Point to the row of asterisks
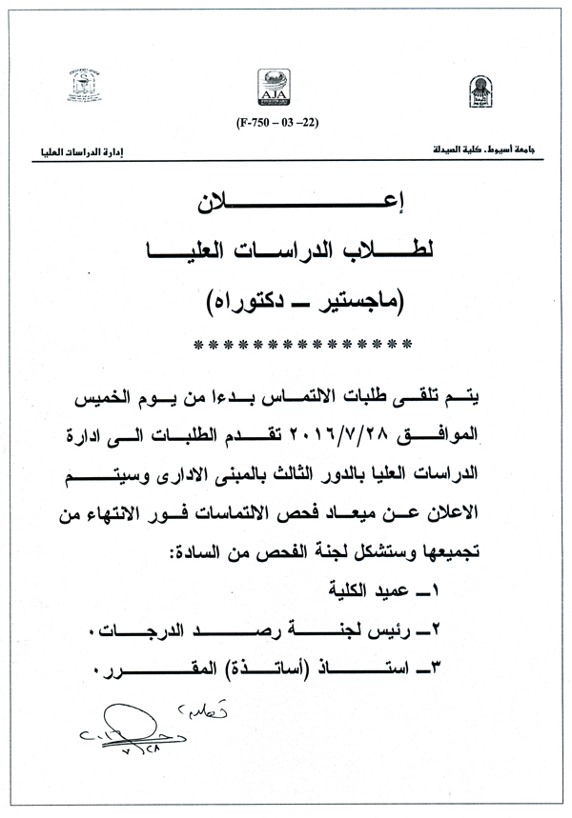(x=301, y=343)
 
